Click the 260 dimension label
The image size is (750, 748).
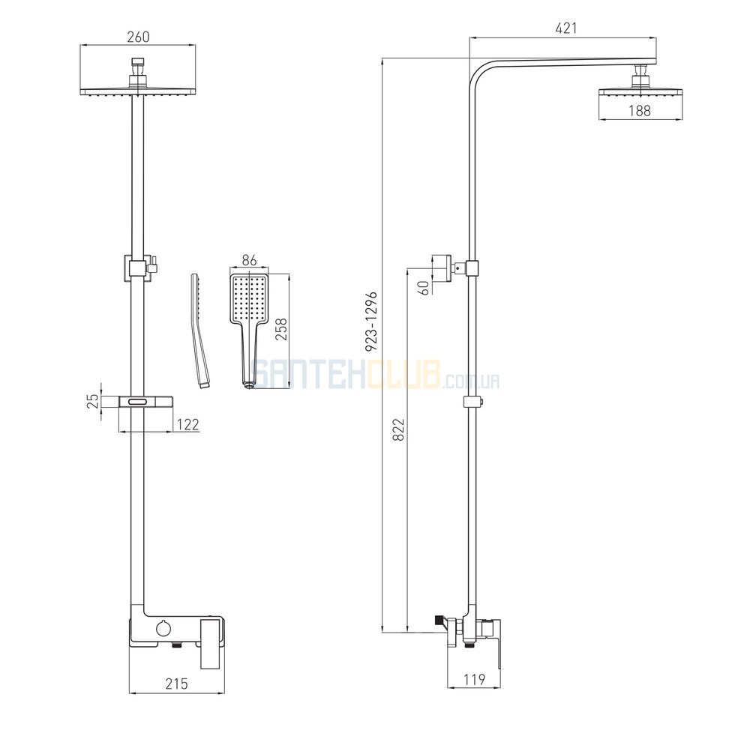pyautogui.click(x=138, y=37)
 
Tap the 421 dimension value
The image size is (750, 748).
pyautogui.click(x=565, y=28)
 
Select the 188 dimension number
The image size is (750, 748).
pyautogui.click(x=640, y=110)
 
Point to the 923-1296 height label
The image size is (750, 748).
pyautogui.click(x=372, y=322)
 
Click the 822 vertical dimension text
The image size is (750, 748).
pyautogui.click(x=398, y=429)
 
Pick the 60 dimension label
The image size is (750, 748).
pyautogui.click(x=424, y=288)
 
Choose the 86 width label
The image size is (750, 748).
pyautogui.click(x=250, y=261)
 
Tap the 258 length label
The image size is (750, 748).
pyautogui.click(x=282, y=329)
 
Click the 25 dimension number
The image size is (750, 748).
pyautogui.click(x=94, y=400)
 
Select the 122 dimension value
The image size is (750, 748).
pyautogui.click(x=187, y=424)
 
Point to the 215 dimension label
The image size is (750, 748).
pyautogui.click(x=176, y=684)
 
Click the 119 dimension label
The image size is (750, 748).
pyautogui.click(x=475, y=679)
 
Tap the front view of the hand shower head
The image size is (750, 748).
pyautogui.click(x=250, y=330)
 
